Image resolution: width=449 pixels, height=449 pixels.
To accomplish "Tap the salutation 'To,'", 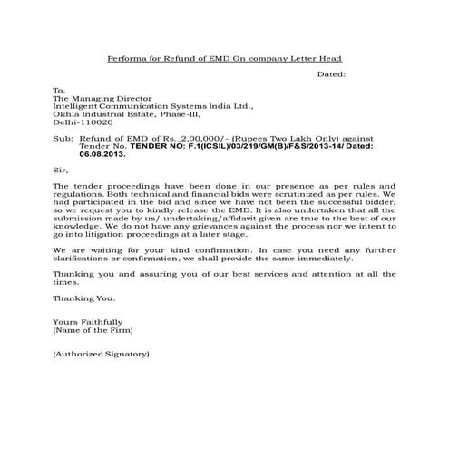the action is click(60, 91).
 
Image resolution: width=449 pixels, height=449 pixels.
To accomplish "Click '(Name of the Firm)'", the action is click(93, 329).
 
